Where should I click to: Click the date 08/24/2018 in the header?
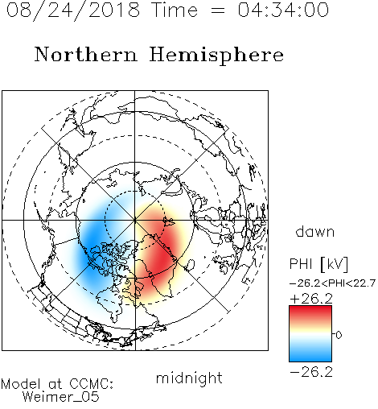pyautogui.click(x=73, y=10)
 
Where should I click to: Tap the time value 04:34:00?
pyautogui.click(x=283, y=10)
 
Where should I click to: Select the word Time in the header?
pyautogui.click(x=175, y=10)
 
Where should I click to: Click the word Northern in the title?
pyautogui.click(x=86, y=54)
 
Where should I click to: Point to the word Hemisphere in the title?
pyautogui.click(x=216, y=56)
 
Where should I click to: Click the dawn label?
pyautogui.click(x=315, y=231)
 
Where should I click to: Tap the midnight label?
pyautogui.click(x=189, y=378)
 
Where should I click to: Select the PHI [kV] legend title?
pyautogui.click(x=318, y=264)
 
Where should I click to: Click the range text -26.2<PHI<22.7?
pyautogui.click(x=332, y=283)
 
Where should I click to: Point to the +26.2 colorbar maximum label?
pyautogui.click(x=311, y=299)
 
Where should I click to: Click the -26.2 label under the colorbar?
pyautogui.click(x=311, y=372)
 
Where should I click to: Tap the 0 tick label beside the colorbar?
pyautogui.click(x=339, y=335)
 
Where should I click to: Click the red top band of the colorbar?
pyautogui.click(x=310, y=312)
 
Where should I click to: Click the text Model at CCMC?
pyautogui.click(x=57, y=384)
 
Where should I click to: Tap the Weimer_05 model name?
pyautogui.click(x=61, y=396)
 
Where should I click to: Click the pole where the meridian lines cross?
pyautogui.click(x=135, y=220)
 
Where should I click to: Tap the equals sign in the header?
pyautogui.click(x=218, y=10)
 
